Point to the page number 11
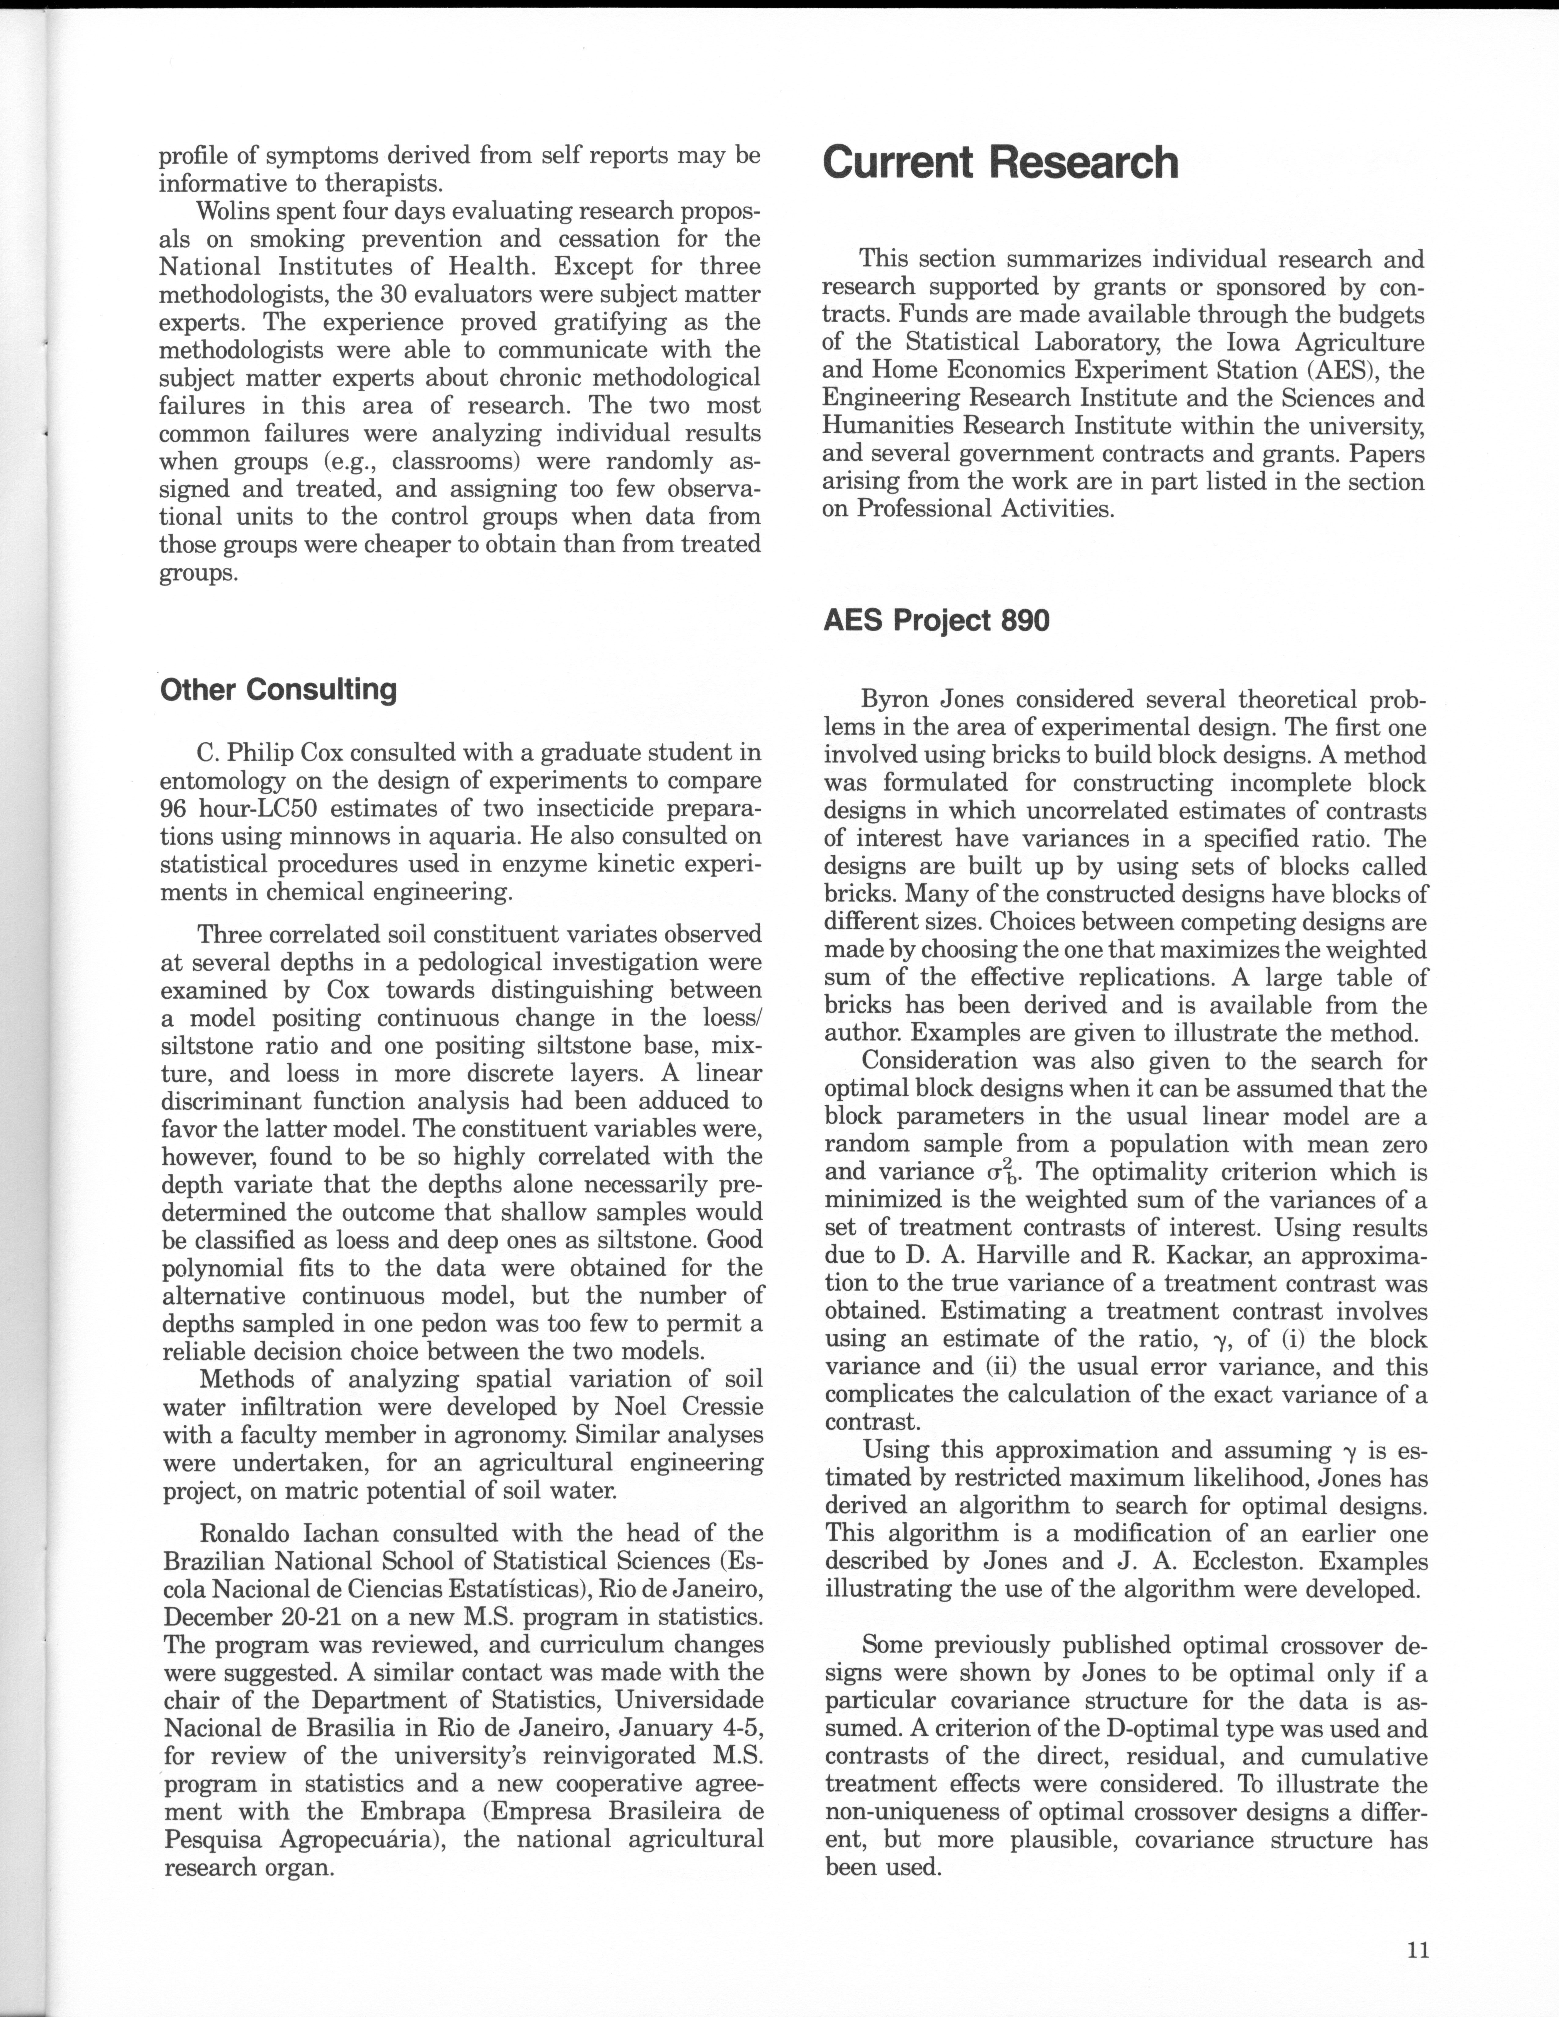tap(1418, 1949)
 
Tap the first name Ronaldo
tap(247, 1533)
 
